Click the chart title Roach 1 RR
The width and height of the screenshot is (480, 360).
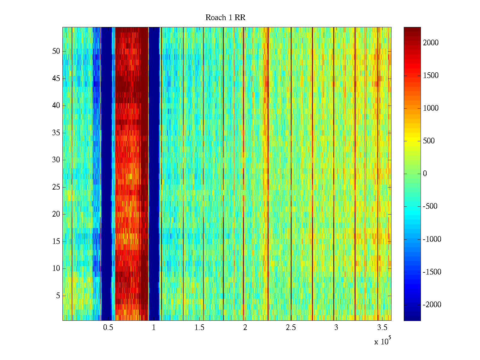coord(225,18)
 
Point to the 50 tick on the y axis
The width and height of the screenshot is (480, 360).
coord(56,51)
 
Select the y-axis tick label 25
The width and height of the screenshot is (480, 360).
coord(56,187)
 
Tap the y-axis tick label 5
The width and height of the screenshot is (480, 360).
coord(58,296)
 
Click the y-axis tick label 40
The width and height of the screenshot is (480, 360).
coord(56,106)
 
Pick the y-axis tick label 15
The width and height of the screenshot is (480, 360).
coord(56,241)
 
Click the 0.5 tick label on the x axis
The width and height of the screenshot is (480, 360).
coord(108,328)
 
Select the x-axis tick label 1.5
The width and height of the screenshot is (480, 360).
coord(199,328)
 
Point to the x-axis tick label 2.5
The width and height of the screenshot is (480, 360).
coord(290,328)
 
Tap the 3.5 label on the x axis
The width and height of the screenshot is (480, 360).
coord(382,328)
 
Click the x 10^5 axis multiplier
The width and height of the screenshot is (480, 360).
coord(382,341)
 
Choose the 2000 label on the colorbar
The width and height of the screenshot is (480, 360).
coord(431,43)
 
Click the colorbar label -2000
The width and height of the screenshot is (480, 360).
coord(432,305)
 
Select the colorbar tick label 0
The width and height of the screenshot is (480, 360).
coord(425,174)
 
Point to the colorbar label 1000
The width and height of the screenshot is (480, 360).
coord(431,108)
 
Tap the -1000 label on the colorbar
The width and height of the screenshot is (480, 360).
coord(432,239)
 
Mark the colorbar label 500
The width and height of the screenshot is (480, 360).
coord(429,141)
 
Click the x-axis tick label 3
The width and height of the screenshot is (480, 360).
coord(336,328)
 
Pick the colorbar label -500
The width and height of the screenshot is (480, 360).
coord(430,206)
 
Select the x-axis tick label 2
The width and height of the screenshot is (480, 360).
coord(245,328)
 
